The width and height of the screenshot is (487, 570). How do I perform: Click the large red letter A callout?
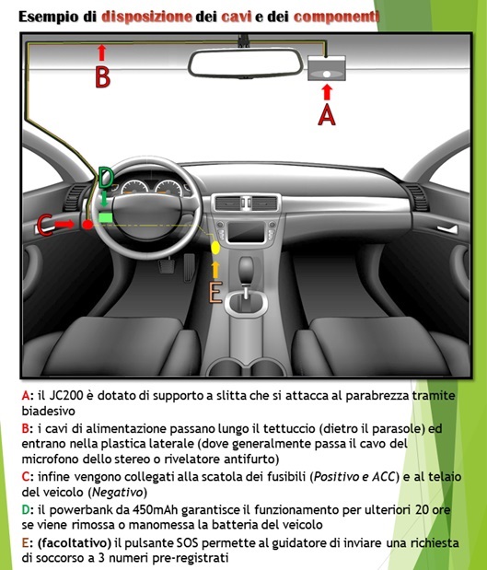[x=327, y=115]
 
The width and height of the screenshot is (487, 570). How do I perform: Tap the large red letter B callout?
[x=102, y=77]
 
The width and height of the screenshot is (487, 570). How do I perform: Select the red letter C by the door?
[x=45, y=226]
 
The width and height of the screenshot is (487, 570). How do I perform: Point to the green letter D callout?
[x=106, y=178]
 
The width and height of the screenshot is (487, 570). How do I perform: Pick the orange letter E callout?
[x=215, y=293]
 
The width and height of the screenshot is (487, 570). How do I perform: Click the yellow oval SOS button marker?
[x=215, y=247]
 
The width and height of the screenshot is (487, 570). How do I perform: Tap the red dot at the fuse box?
[x=87, y=225]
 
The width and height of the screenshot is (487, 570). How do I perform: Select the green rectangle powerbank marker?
[x=105, y=217]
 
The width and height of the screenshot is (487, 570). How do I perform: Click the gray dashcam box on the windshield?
[x=327, y=68]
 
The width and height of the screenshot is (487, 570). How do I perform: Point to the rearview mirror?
[x=246, y=64]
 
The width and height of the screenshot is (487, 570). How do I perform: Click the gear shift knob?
[x=246, y=270]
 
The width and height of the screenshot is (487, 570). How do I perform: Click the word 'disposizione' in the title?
[x=146, y=17]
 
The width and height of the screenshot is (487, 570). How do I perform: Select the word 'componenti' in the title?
[x=336, y=17]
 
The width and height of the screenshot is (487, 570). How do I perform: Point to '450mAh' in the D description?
[x=156, y=510]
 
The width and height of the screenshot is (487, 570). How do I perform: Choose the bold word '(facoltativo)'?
[x=75, y=543]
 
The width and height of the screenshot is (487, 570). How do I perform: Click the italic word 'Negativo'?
[x=118, y=493]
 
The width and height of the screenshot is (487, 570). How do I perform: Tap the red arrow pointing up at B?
[x=102, y=52]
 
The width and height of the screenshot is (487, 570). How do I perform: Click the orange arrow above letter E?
[x=215, y=270]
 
